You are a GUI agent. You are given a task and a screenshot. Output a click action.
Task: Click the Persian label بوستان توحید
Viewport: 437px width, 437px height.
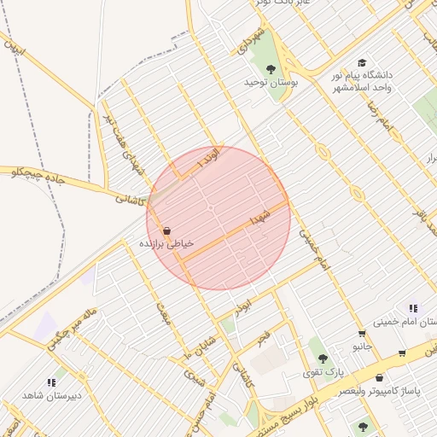tap(270, 83)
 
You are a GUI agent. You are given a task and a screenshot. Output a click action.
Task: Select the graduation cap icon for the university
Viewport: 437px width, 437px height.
tap(362, 63)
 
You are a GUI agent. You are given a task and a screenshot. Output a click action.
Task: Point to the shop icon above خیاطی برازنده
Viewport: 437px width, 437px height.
tap(166, 230)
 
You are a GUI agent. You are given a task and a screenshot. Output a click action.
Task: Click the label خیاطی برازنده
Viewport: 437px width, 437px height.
tap(167, 244)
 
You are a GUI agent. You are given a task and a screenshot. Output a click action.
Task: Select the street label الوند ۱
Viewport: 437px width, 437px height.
tap(207, 158)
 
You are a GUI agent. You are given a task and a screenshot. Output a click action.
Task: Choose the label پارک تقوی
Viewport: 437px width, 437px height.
tap(323, 373)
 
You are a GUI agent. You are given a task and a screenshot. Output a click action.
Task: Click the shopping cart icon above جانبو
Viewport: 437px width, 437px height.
tap(362, 333)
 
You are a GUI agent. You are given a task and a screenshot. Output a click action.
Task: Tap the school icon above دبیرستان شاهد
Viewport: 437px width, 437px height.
tap(50, 382)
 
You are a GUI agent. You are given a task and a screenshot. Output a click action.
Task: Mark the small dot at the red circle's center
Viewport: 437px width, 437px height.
tap(211, 209)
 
